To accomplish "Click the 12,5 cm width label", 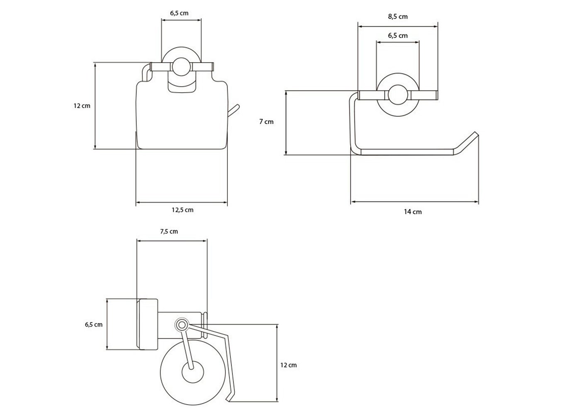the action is tap(182, 210).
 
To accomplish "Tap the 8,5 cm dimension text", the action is tap(398, 17).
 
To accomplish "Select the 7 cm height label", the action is tap(266, 122).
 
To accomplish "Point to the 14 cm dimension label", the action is tap(413, 212).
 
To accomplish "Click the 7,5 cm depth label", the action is tap(169, 232).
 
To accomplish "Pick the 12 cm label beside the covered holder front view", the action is tap(82, 106).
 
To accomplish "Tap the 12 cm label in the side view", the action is tap(288, 365).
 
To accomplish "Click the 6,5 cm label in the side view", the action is tap(94, 325).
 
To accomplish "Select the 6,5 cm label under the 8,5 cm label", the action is tap(398, 36).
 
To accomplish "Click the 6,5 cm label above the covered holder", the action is tap(179, 13).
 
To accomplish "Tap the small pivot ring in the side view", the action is tap(182, 325).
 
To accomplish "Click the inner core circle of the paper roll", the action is tap(193, 372).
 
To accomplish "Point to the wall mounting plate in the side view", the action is tap(147, 324).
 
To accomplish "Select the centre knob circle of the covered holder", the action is tap(181, 66).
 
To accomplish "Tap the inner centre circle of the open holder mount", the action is tap(398, 95).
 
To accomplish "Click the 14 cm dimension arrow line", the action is tap(415, 202).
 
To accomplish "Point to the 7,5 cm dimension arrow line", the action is tap(172, 241).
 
